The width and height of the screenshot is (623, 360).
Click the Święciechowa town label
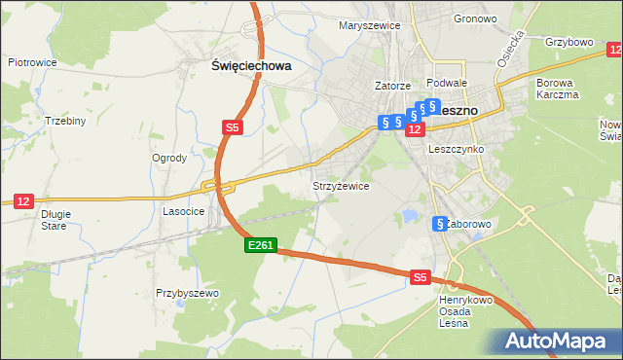click(x=252, y=66)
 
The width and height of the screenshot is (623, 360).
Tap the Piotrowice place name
click(x=32, y=62)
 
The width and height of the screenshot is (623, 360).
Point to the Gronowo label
click(x=475, y=19)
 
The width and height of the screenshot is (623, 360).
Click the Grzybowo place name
click(x=569, y=43)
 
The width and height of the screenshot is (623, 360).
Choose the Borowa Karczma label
click(x=557, y=89)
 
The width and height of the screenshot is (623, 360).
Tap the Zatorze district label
click(x=393, y=86)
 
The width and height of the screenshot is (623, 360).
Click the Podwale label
click(x=447, y=84)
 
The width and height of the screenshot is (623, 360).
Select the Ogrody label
click(x=169, y=158)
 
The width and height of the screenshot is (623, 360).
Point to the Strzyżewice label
click(x=340, y=185)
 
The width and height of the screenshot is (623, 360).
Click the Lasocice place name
click(x=183, y=210)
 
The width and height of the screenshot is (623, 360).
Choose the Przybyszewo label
click(x=187, y=293)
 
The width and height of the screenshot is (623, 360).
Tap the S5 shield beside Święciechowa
click(x=232, y=127)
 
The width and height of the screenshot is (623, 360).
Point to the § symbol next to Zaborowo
click(x=440, y=224)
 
